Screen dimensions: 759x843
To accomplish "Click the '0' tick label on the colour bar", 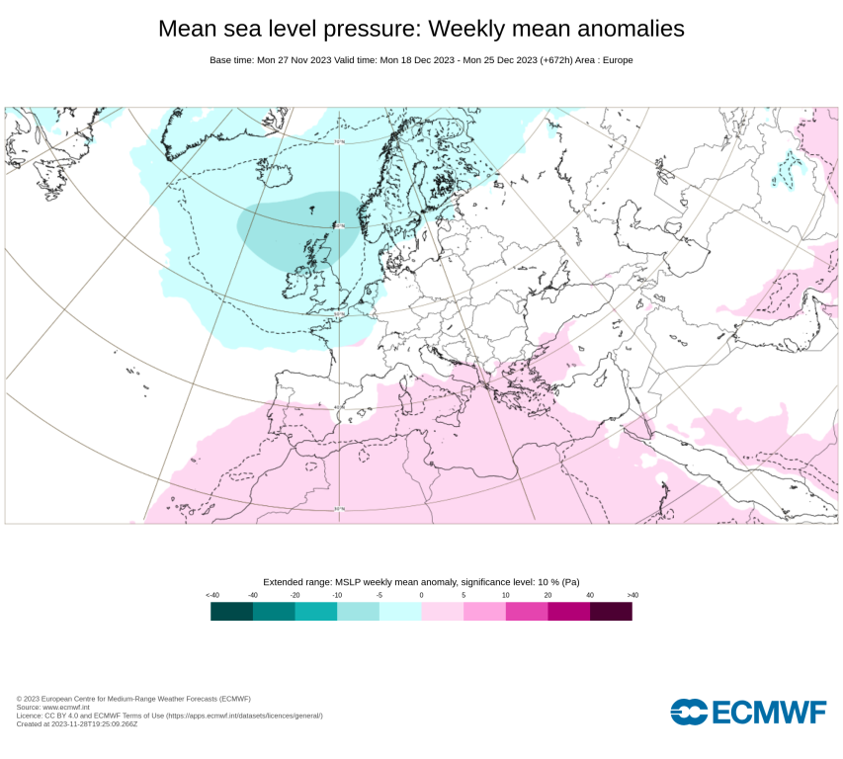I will [x=421, y=595].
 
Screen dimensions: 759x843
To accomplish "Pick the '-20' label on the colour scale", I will [x=295, y=595].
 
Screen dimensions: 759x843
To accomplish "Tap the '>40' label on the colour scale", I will [x=632, y=595].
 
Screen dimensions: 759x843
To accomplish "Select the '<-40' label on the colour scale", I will [x=211, y=595].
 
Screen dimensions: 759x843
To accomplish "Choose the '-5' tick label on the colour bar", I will [x=379, y=595].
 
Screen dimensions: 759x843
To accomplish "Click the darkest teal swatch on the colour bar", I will [x=231, y=612].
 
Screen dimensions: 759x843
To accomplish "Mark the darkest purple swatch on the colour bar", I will [x=611, y=612].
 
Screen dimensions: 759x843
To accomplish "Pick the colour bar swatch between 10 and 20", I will [x=527, y=612].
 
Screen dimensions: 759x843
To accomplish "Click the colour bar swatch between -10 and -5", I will [x=358, y=612].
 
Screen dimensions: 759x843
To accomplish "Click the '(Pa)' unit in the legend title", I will [x=569, y=582].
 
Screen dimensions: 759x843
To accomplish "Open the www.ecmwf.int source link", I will [x=68, y=708].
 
